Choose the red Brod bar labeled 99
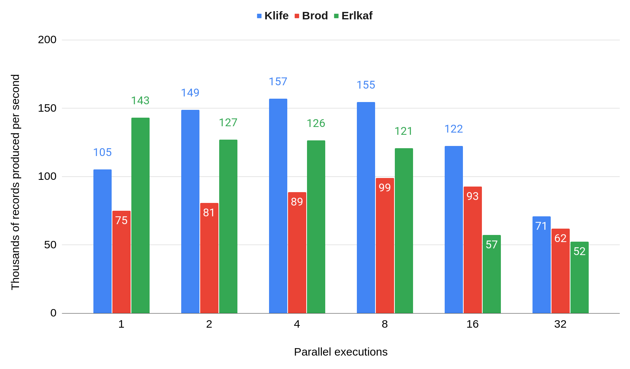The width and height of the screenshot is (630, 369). pos(385,246)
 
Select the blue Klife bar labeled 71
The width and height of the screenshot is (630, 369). pos(541,265)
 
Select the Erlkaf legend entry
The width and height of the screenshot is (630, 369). pos(353,16)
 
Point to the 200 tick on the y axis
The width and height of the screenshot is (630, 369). pos(47,39)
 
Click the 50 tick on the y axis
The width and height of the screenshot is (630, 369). pos(50,245)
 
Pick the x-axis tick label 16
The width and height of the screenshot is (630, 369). pos(473,324)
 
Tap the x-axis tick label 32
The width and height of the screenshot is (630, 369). pos(560,324)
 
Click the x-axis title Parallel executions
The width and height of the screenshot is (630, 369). pos(340,352)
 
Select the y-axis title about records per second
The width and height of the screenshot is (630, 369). pos(15,182)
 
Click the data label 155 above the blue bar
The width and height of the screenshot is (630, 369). pos(366,85)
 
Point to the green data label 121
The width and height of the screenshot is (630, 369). pos(404,131)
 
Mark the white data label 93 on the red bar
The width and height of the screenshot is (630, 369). pos(473,196)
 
